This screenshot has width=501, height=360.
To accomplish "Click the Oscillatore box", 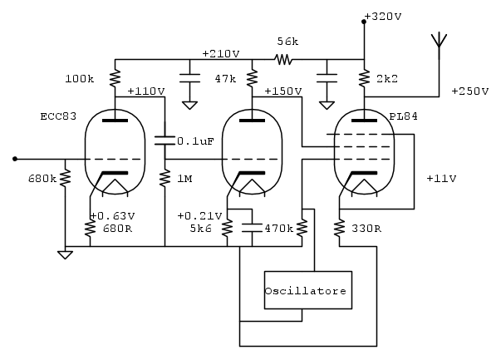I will point(305,290).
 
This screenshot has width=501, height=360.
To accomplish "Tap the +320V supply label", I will point(381,15).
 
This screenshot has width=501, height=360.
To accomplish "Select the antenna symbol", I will point(438,42).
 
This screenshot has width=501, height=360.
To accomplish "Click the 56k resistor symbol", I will point(284,60).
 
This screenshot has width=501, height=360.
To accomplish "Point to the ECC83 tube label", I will point(57,116).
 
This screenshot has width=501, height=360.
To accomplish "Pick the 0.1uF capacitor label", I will point(196,141).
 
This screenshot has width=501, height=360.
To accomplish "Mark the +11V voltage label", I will point(440,179).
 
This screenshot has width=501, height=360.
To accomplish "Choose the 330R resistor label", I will point(366,229).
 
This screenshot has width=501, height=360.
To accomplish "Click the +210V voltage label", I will point(220,53).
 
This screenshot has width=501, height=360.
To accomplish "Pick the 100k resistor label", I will point(79,80).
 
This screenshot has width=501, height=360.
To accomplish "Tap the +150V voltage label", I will point(283,91).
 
